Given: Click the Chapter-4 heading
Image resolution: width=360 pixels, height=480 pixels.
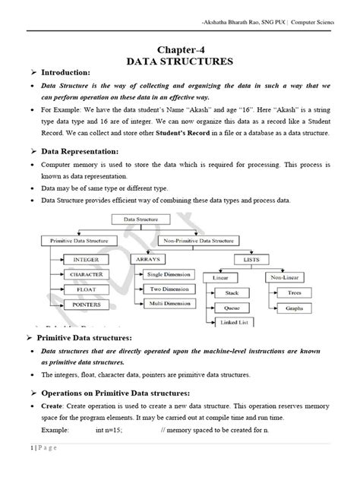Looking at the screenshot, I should (x=182, y=45).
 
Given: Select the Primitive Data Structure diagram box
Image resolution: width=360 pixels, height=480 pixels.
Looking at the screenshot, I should (x=77, y=241).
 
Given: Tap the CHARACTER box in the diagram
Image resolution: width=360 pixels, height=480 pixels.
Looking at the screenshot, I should (x=89, y=273).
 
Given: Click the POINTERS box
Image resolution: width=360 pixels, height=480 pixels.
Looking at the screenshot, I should (x=87, y=304).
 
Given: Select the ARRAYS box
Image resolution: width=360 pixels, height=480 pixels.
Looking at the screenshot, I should (x=148, y=259).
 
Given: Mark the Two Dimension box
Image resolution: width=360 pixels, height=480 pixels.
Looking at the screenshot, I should (x=169, y=289).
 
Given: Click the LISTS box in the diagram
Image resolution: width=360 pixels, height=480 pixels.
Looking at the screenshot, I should (x=251, y=259).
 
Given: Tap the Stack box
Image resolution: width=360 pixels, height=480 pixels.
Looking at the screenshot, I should (x=232, y=292).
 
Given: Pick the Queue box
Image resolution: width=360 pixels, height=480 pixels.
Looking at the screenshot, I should (x=232, y=308).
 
